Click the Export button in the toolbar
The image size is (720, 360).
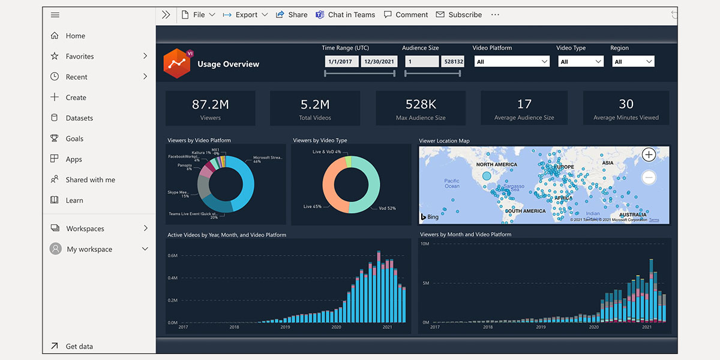245,15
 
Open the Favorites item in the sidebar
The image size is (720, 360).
80,56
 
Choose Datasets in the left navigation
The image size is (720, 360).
79,118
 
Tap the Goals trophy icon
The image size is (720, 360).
55,139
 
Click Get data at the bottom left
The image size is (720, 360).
79,346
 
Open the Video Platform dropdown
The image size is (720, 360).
511,61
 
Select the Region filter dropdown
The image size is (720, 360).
633,61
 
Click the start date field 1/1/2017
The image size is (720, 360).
341,61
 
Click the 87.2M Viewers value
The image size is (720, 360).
210,104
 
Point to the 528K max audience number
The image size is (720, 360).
421,104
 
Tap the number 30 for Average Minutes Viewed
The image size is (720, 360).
626,104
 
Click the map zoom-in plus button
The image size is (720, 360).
649,155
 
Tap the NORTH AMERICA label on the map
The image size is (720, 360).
496,164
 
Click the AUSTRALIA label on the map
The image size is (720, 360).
633,214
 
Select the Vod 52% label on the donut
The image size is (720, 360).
387,208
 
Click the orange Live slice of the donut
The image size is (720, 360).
332,183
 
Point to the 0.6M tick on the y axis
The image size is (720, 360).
172,256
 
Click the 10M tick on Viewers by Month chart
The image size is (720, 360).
424,244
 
